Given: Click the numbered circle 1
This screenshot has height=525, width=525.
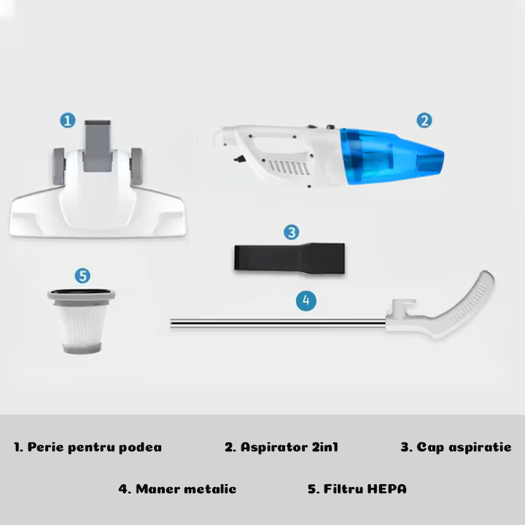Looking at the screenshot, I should point(68,120).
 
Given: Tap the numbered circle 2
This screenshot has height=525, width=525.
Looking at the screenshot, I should point(424,120).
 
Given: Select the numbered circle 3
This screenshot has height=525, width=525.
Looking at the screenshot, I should point(291,233).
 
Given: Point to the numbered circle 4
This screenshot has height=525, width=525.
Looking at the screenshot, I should point(306,300).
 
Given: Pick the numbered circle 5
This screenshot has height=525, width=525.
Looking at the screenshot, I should point(82,276).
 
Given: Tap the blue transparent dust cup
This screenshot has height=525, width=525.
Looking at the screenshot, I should point(390,156).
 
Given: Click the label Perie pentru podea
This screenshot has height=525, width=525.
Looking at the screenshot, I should point(87,447).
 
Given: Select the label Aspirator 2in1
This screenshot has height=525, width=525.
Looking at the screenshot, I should point(281,447).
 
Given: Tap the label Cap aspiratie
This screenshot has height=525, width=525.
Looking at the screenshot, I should point(456,447).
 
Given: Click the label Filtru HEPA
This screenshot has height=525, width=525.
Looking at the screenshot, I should point(357,489).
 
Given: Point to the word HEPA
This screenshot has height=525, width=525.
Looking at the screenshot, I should point(386,489).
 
